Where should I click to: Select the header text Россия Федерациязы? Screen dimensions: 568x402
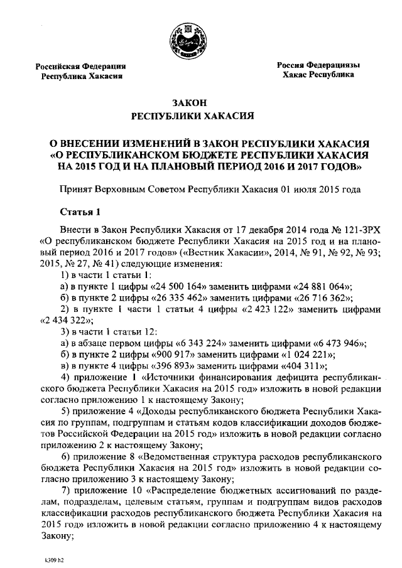[320, 65]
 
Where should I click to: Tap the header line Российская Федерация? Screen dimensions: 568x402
[81, 65]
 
